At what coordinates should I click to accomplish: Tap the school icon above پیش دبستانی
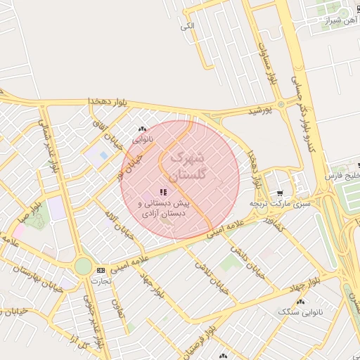tap(164, 191)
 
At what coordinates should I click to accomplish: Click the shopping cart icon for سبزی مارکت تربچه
tap(281, 193)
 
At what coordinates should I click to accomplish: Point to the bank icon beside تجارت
tap(101, 270)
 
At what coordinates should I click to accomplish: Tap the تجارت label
tap(101, 280)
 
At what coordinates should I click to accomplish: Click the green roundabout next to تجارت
tap(83, 266)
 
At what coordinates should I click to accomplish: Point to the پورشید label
tap(259, 111)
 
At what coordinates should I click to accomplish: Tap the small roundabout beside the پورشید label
tap(281, 105)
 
